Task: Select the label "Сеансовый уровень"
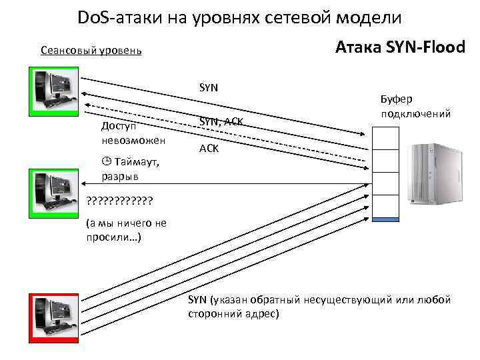tap(91, 51)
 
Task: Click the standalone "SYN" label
tap(209, 87)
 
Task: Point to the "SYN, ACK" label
tap(221, 121)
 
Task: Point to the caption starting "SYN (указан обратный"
tap(320, 306)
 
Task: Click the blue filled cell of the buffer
tap(385, 219)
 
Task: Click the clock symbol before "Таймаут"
tap(105, 161)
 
